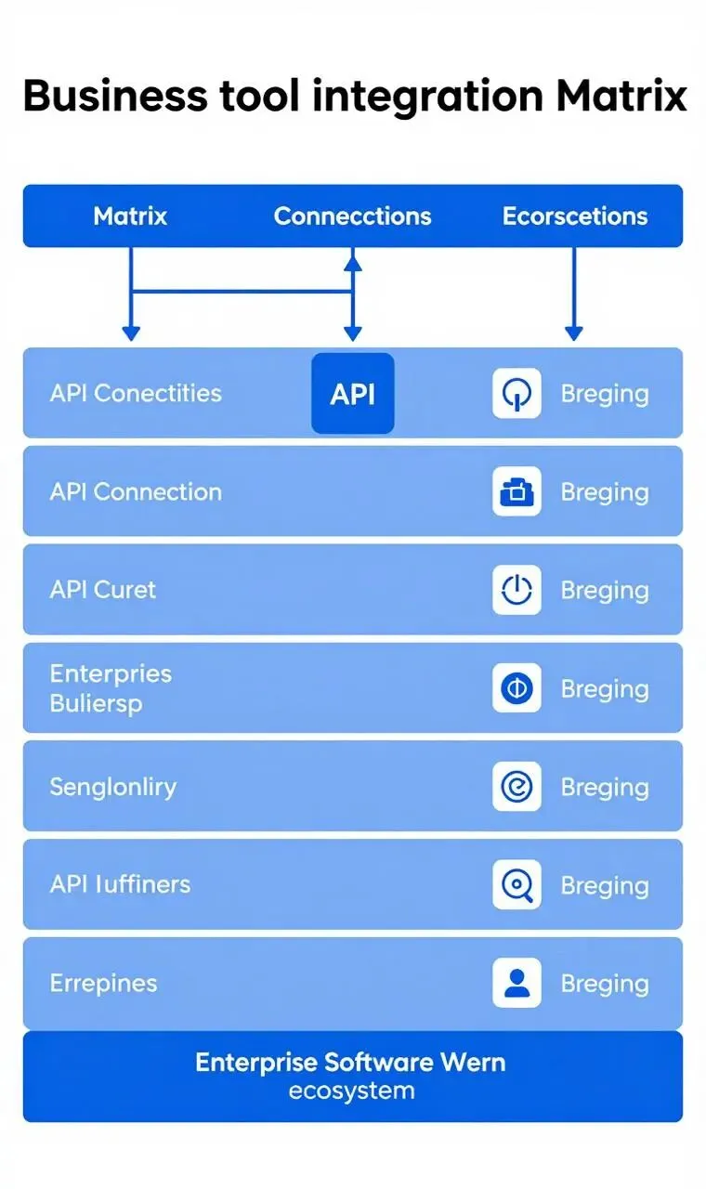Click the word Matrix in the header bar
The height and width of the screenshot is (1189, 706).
[x=130, y=216]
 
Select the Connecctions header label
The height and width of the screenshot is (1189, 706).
[x=352, y=216]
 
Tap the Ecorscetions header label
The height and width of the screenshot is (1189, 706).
[x=574, y=216]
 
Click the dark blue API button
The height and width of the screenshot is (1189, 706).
[x=352, y=393]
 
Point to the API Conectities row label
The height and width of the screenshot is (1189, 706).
[x=136, y=393]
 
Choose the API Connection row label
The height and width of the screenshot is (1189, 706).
[x=136, y=491]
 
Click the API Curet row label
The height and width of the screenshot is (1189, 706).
[x=103, y=590]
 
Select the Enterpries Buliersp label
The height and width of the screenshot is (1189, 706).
[x=111, y=688]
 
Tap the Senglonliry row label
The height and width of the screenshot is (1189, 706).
[x=112, y=787]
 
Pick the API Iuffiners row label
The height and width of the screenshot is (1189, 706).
[x=120, y=884]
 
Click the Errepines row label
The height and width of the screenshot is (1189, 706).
[x=103, y=983]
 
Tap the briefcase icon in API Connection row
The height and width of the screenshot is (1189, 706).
[x=516, y=491]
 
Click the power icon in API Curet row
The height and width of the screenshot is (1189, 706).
[x=516, y=590]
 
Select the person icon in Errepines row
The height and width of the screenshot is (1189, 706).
[x=516, y=983]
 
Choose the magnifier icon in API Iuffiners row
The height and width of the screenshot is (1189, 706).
[x=516, y=885]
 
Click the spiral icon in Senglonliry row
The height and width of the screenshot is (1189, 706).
[x=516, y=787]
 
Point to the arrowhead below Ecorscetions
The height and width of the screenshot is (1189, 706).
[x=574, y=333]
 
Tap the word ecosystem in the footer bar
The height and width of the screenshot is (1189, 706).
[x=352, y=1091]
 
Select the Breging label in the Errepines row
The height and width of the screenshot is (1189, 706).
[x=604, y=983]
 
